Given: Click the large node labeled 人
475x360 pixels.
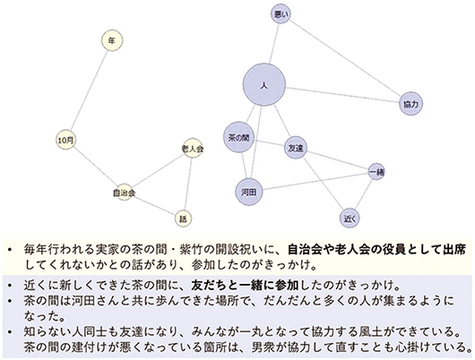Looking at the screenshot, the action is click(264, 85).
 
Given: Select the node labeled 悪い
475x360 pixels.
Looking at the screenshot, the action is click(281, 13).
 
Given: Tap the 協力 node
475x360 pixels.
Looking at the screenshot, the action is click(410, 104).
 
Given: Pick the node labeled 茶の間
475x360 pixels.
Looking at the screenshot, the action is click(238, 137).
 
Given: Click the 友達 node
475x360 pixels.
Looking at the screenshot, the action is click(296, 149).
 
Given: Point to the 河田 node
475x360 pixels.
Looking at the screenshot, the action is click(249, 192).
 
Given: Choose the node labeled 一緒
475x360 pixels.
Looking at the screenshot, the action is click(376, 172).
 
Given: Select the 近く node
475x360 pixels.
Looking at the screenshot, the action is click(350, 218).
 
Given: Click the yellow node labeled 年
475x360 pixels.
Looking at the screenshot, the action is click(112, 40).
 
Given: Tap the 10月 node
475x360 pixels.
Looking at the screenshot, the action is click(66, 141).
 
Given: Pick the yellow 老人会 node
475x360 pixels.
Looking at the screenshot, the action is click(193, 149).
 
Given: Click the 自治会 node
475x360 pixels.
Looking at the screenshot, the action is click(125, 193).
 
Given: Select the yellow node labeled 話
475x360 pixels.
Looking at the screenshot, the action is click(183, 219).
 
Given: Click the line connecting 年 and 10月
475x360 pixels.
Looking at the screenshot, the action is click(89, 90).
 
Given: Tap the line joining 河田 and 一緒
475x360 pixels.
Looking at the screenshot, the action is click(315, 182).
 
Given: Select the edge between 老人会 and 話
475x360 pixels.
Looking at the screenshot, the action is click(188, 184).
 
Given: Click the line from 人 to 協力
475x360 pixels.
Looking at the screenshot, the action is click(342, 95).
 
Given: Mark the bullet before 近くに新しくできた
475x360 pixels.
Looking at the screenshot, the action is click(11, 285).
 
